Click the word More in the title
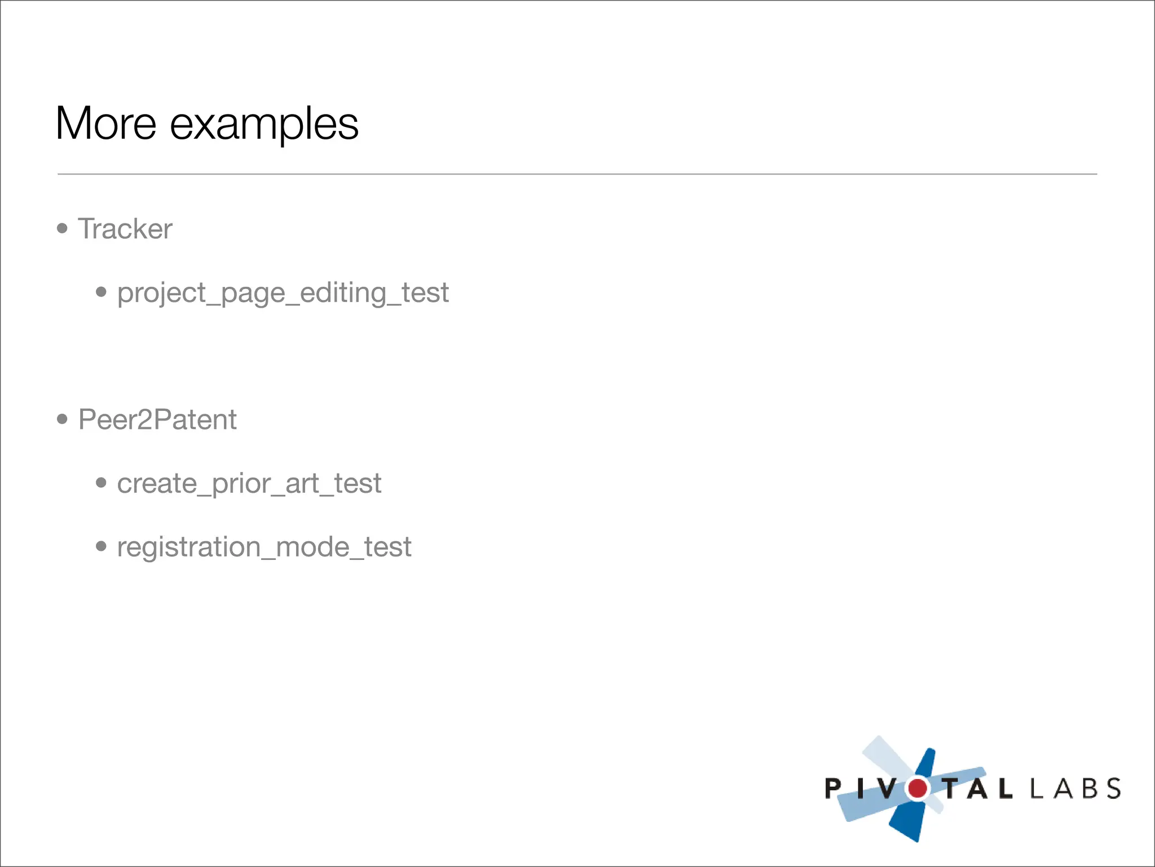(106, 124)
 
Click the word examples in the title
(264, 125)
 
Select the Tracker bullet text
(125, 229)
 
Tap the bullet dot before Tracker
(63, 229)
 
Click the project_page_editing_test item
(283, 293)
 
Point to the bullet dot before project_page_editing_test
(102, 292)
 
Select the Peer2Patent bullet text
(157, 419)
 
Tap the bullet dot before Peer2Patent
(63, 419)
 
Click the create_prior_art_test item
(249, 484)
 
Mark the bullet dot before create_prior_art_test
(102, 483)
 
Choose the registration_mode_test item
(264, 547)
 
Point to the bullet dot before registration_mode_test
(102, 546)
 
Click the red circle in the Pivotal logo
(918, 788)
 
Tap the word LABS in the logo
(1075, 789)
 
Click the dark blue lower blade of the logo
(909, 821)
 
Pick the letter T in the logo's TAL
(952, 789)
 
